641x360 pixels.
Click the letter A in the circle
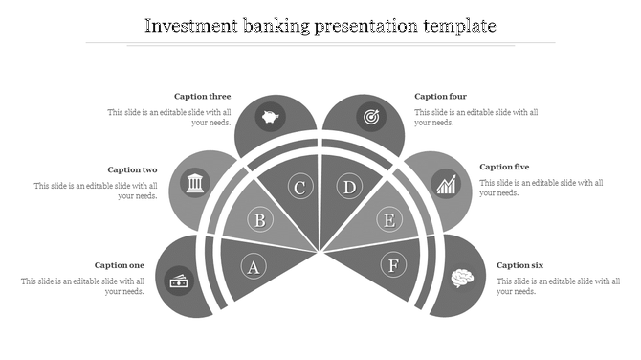(x=254, y=266)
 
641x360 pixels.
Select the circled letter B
(x=259, y=221)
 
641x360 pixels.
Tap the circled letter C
(x=299, y=187)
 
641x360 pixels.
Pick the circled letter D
(x=350, y=187)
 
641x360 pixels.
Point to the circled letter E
(x=388, y=221)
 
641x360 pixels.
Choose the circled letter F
(x=392, y=264)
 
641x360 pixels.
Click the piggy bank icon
(x=272, y=119)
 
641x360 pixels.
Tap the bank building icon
(x=195, y=182)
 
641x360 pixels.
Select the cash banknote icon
(x=179, y=281)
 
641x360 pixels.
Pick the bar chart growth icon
(x=446, y=183)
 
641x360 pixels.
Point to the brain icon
(x=463, y=279)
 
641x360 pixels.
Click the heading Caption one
(x=120, y=265)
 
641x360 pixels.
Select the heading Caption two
(x=132, y=169)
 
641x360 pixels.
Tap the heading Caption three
(x=202, y=96)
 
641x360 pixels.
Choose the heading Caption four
(x=440, y=96)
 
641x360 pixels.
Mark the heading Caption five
(x=504, y=167)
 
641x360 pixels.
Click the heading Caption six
(x=520, y=265)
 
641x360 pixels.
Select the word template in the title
(x=457, y=26)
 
